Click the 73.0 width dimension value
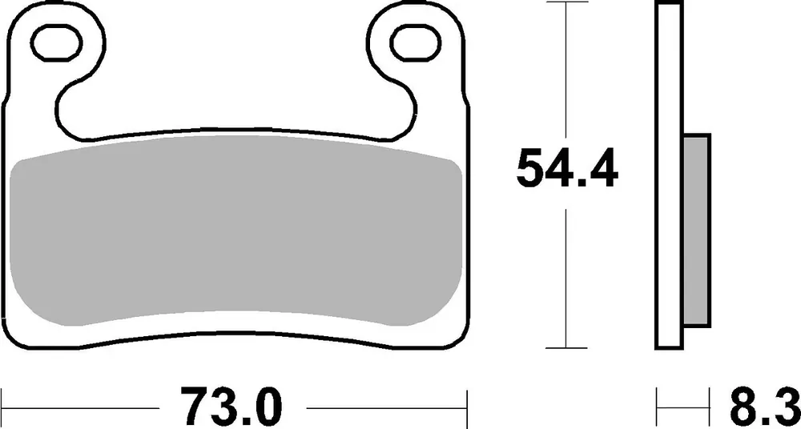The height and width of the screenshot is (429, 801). tap(231, 408)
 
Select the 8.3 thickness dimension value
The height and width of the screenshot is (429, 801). tap(764, 408)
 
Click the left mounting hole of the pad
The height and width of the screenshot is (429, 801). tap(57, 43)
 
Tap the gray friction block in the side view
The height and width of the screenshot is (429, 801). tap(696, 231)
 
